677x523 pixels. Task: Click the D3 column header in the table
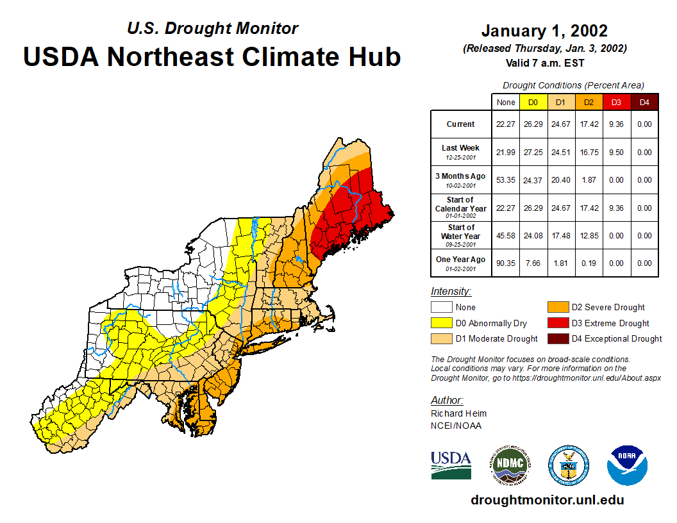pyautogui.click(x=616, y=103)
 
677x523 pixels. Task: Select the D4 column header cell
pyautogui.click(x=644, y=103)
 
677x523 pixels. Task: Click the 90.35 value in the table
pyautogui.click(x=506, y=263)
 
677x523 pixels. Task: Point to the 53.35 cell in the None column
pyautogui.click(x=506, y=180)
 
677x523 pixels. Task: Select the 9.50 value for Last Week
pyautogui.click(x=616, y=152)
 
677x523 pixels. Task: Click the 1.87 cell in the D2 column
pyautogui.click(x=589, y=180)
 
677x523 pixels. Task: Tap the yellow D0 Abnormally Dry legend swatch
pyautogui.click(x=441, y=323)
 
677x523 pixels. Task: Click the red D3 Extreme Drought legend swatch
pyautogui.click(x=557, y=323)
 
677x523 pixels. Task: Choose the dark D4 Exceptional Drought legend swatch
pyautogui.click(x=557, y=338)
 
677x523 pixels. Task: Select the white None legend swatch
pyautogui.click(x=441, y=308)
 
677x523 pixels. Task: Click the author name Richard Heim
pyautogui.click(x=458, y=413)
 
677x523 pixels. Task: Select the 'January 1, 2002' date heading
pyautogui.click(x=544, y=31)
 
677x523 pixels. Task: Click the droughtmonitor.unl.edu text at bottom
pyautogui.click(x=547, y=500)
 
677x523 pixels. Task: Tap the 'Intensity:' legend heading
pyautogui.click(x=451, y=292)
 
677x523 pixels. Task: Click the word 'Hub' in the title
pyautogui.click(x=372, y=56)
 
